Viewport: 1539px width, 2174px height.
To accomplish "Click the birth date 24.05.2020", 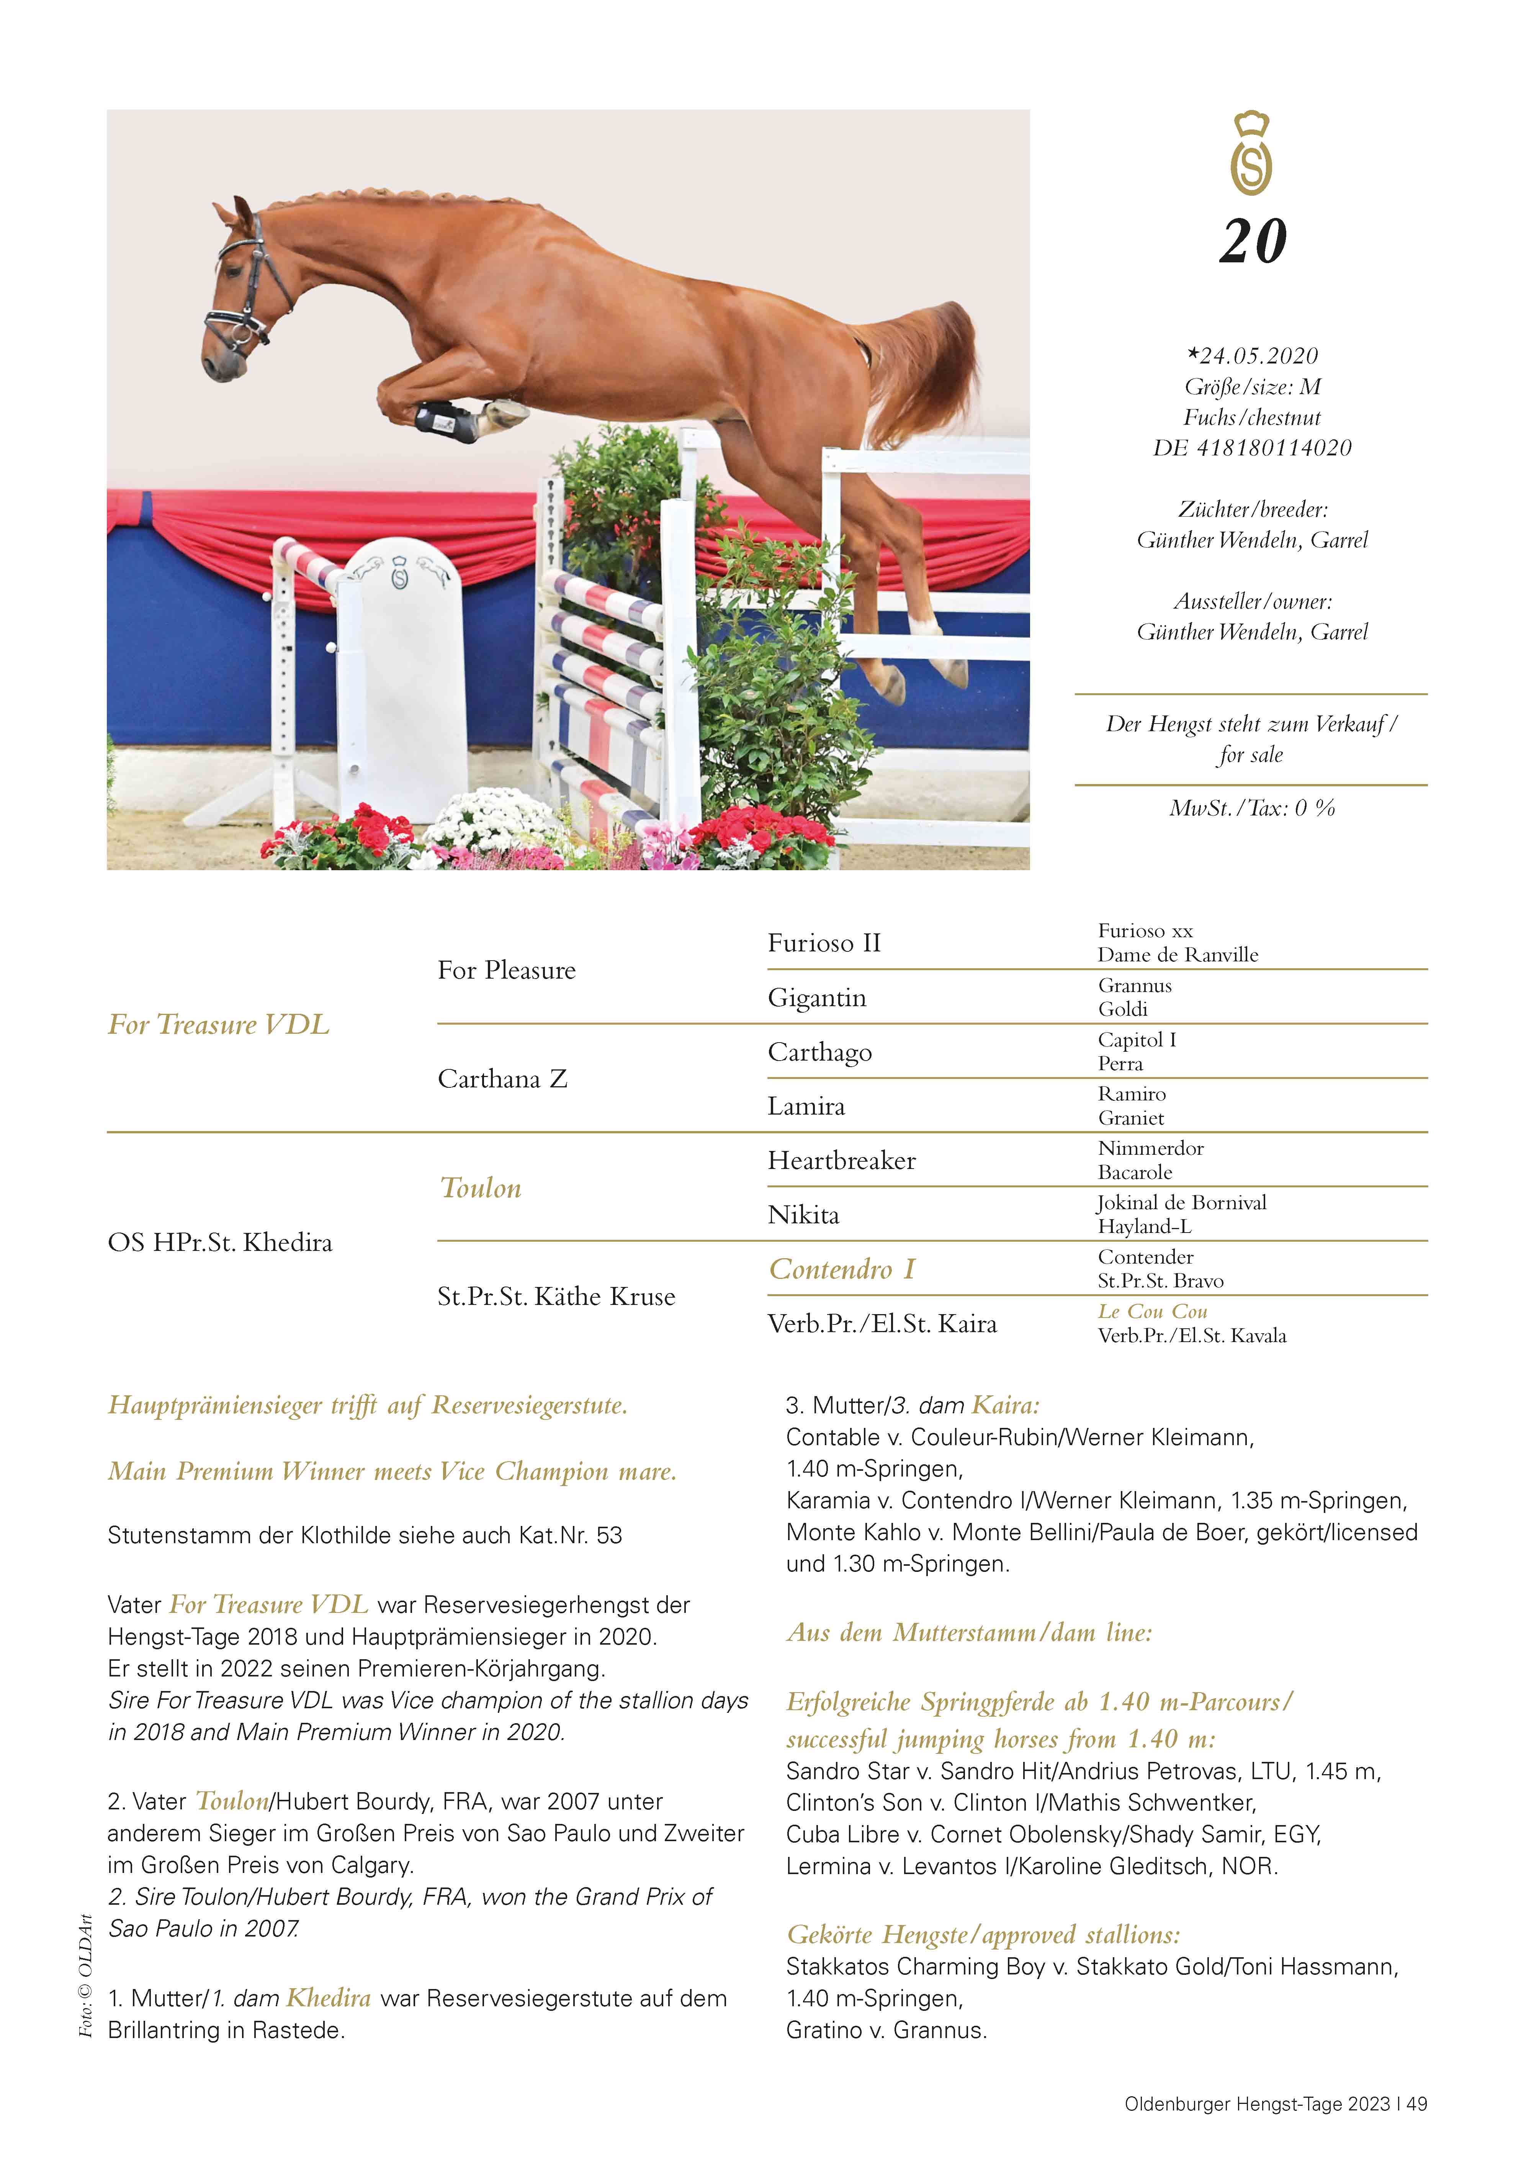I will click(x=1253, y=355).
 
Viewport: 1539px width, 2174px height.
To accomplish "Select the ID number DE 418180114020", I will click(x=1253, y=447).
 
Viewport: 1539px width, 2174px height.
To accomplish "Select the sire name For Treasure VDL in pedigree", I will click(x=219, y=1025).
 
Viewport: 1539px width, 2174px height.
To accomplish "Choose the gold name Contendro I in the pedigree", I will click(x=842, y=1269).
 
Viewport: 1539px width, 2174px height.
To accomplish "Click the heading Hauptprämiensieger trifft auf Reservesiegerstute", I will click(x=368, y=1405).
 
